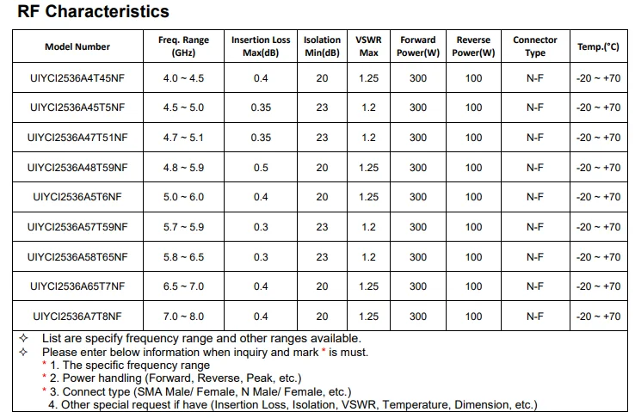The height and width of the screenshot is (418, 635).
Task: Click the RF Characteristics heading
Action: pyautogui.click(x=93, y=11)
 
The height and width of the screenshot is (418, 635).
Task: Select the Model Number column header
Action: pyautogui.click(x=77, y=46)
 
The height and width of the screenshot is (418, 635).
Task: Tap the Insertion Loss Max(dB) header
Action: pyautogui.click(x=261, y=46)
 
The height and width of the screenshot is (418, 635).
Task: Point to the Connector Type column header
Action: pyautogui.click(x=535, y=46)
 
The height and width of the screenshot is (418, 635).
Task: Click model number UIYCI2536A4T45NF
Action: pyautogui.click(x=77, y=78)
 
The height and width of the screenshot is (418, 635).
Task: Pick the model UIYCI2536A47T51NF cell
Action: pyautogui.click(x=77, y=138)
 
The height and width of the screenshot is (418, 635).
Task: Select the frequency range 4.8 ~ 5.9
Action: pyautogui.click(x=183, y=168)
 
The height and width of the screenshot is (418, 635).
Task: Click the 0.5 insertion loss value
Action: pyautogui.click(x=261, y=168)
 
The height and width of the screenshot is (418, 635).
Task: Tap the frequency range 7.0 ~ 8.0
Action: pyautogui.click(x=183, y=317)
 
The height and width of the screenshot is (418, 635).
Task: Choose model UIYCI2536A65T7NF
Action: pyautogui.click(x=77, y=286)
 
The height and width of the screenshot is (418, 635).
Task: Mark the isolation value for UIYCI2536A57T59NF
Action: pyautogui.click(x=322, y=227)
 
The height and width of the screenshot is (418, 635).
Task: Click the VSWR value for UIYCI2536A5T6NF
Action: pyautogui.click(x=368, y=197)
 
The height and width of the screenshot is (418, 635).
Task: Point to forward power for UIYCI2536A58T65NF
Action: pyautogui.click(x=418, y=257)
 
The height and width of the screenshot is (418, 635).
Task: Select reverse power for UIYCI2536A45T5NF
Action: pyautogui.click(x=473, y=108)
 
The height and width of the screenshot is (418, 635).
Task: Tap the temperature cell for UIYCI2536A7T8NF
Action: pyautogui.click(x=598, y=317)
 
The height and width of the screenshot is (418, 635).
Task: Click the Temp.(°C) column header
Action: pyautogui.click(x=598, y=46)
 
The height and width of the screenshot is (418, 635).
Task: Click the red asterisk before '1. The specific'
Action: pyautogui.click(x=44, y=363)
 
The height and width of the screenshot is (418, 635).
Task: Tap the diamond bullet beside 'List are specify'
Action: pyautogui.click(x=23, y=338)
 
